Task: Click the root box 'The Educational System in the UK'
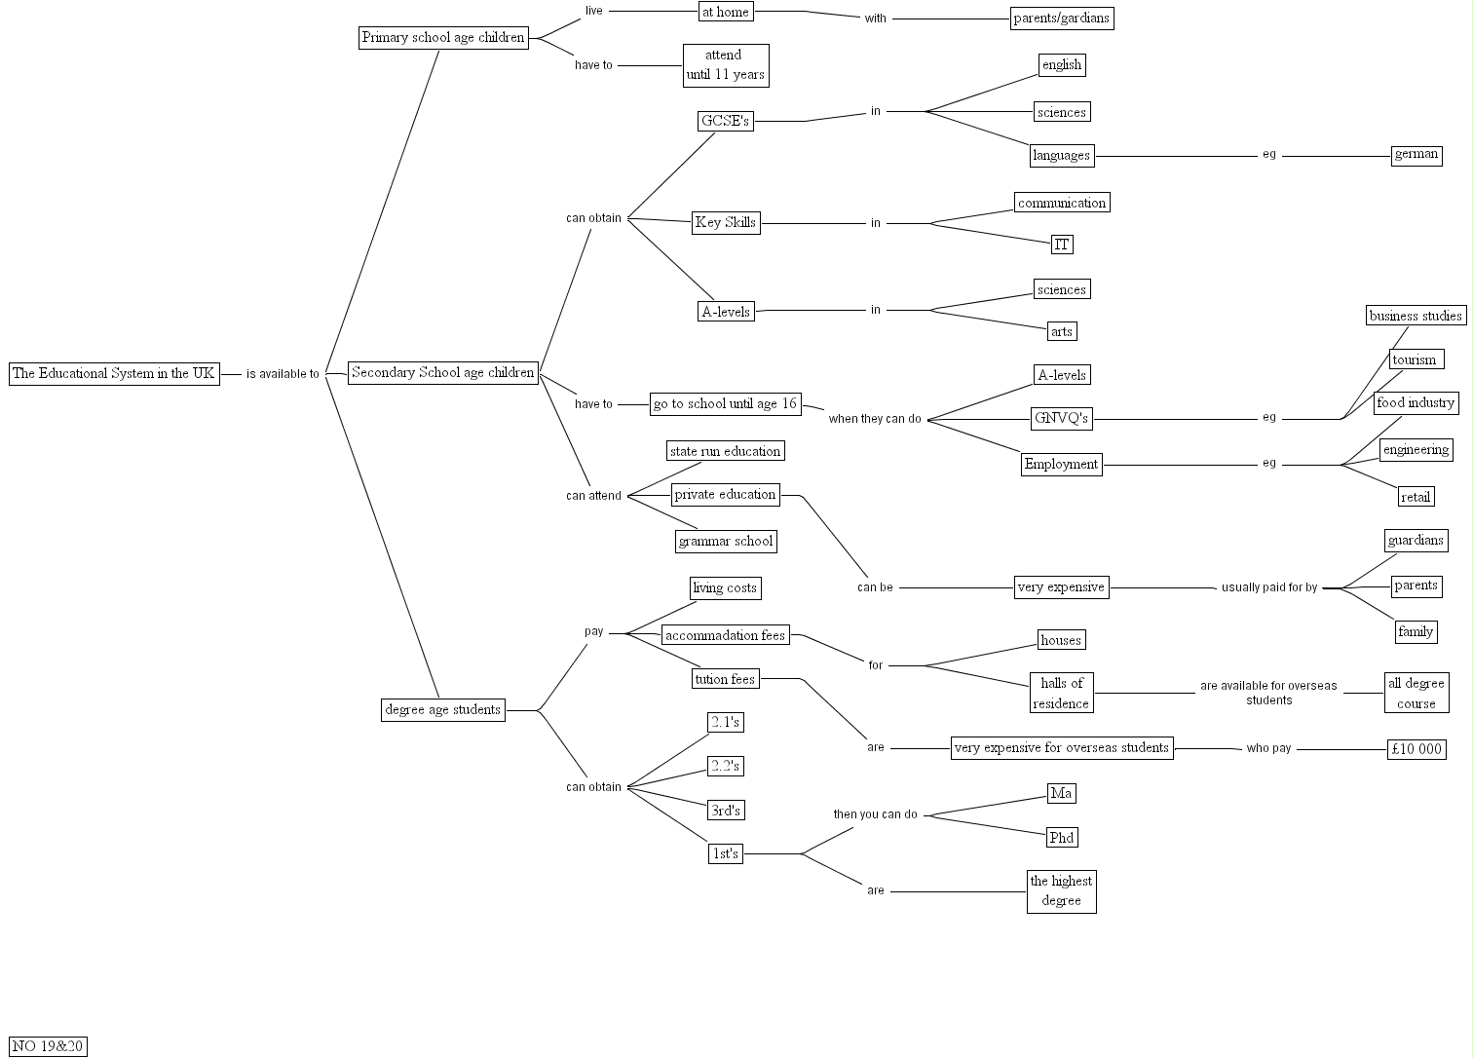(114, 373)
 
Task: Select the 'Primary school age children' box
(443, 38)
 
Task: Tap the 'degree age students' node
(443, 709)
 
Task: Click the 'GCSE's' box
(726, 121)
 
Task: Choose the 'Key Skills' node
(726, 222)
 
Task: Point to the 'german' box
(1416, 154)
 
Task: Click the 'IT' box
(1062, 244)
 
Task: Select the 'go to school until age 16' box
(726, 403)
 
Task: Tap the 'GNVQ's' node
(1062, 419)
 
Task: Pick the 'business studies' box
(1416, 316)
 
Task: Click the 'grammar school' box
(726, 541)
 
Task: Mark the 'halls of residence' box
(1062, 693)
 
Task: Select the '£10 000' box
(1416, 748)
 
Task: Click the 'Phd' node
(1062, 837)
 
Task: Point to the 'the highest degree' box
(1062, 891)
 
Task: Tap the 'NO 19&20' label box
(48, 1046)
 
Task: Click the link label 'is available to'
(283, 374)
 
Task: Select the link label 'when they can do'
(875, 419)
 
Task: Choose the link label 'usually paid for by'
(1269, 587)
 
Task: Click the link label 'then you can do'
(875, 814)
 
